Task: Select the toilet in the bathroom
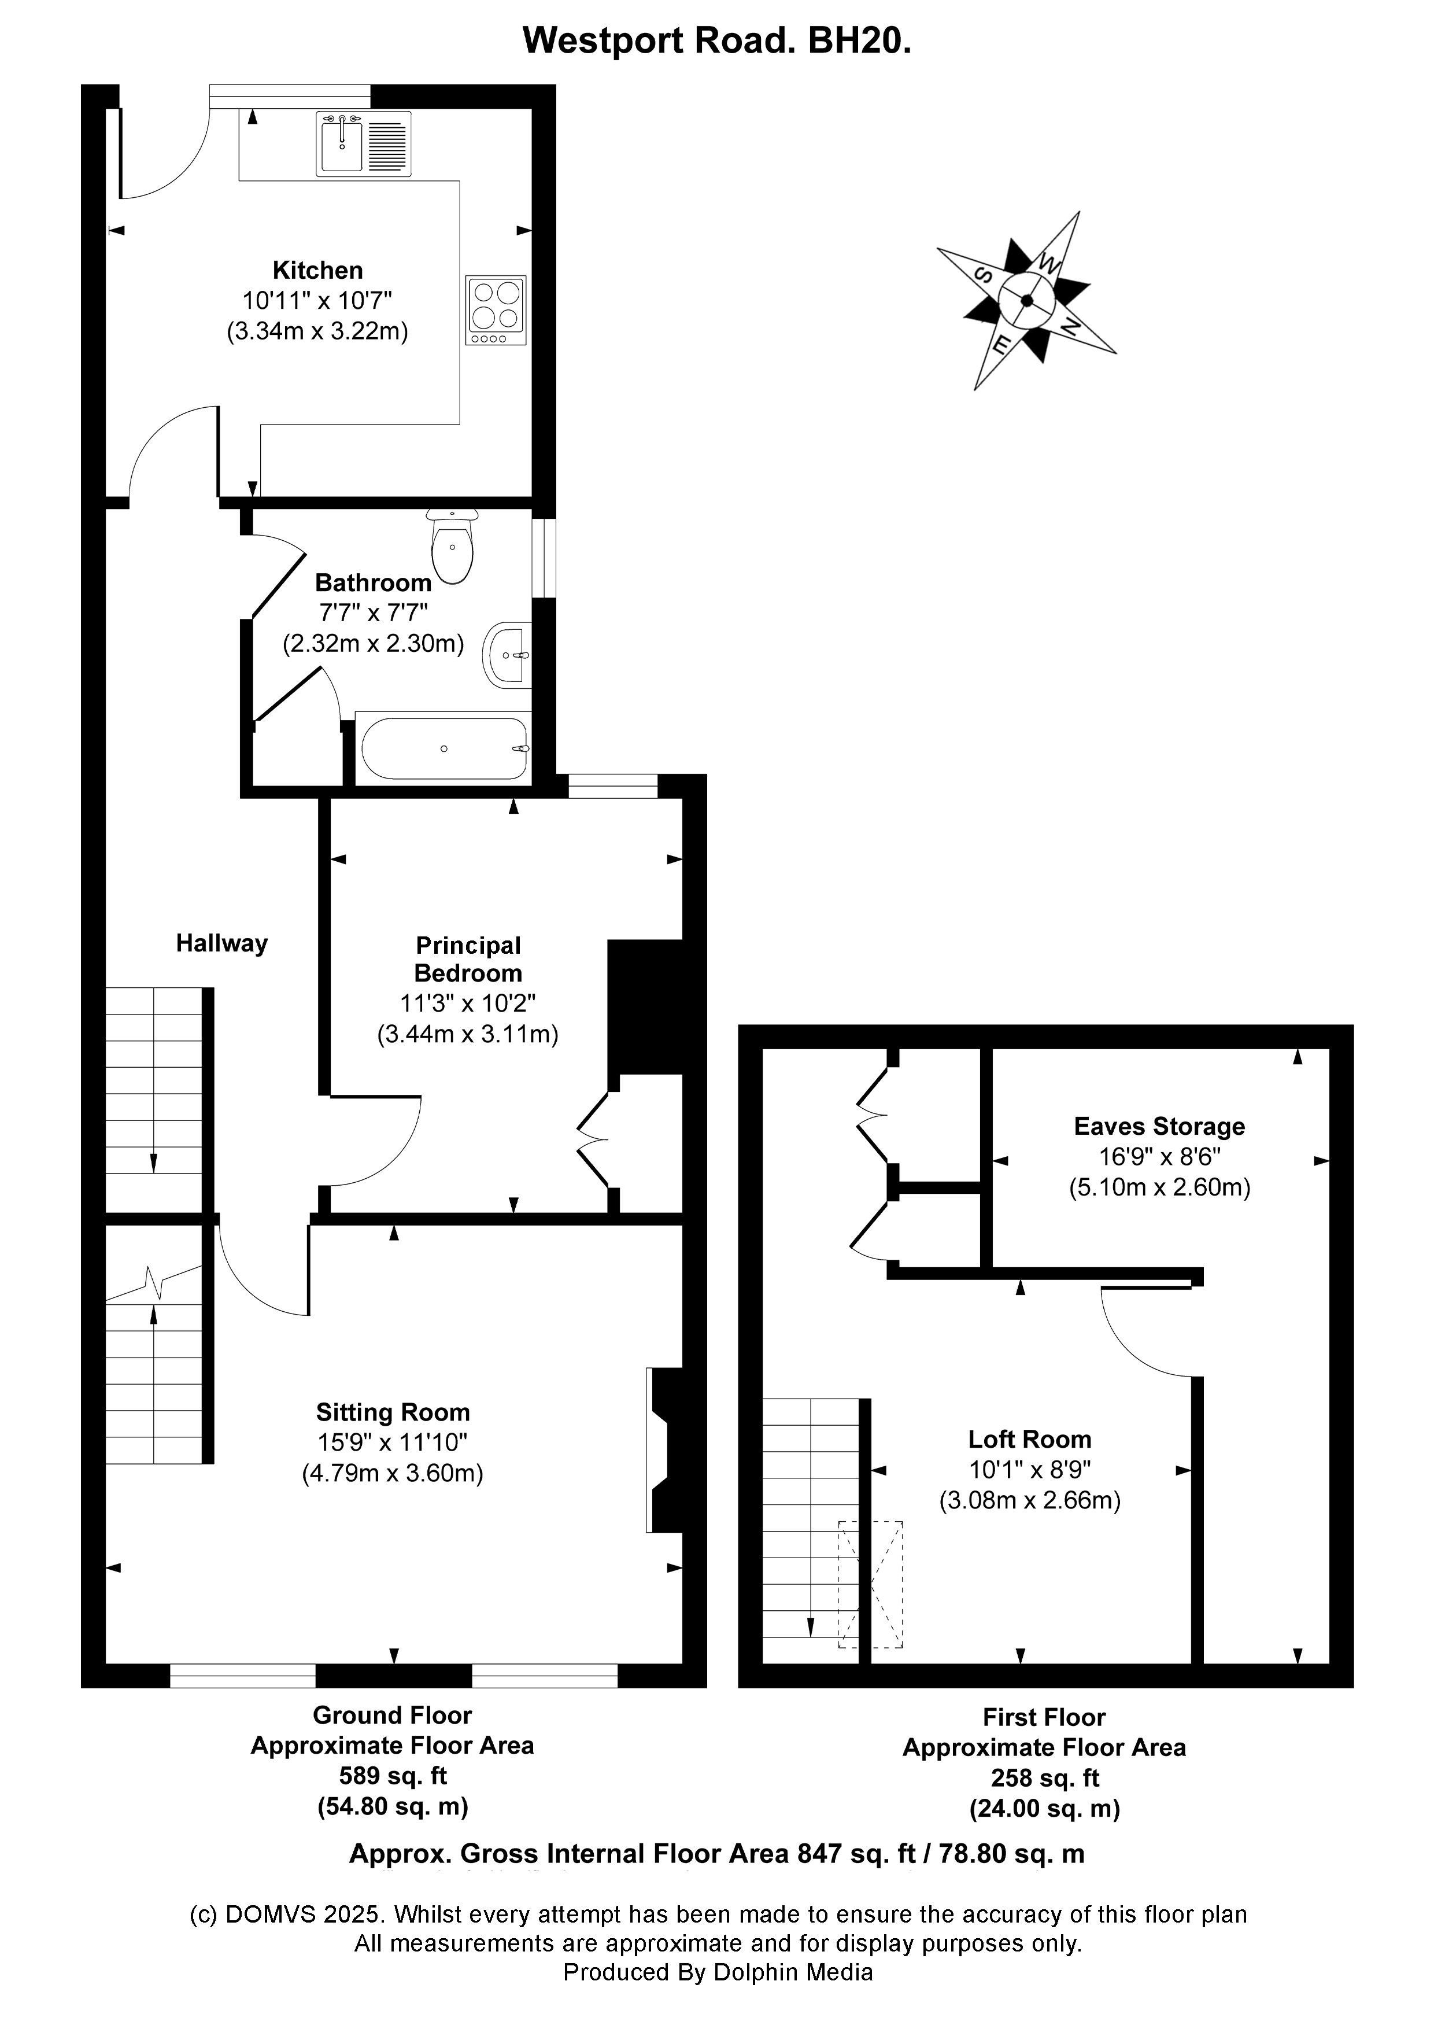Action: [x=452, y=548]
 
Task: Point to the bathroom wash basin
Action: [x=508, y=655]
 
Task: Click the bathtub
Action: [x=443, y=748]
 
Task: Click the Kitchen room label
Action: [x=317, y=271]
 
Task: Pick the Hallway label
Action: [x=222, y=944]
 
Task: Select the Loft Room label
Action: [x=1029, y=1440]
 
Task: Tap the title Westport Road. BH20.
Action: [x=716, y=40]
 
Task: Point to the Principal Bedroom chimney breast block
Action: [x=646, y=1008]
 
